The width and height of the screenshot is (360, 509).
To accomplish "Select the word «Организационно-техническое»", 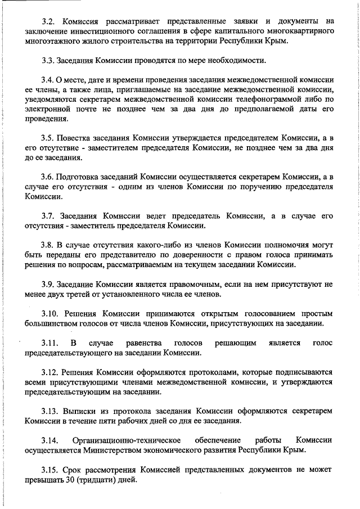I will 126,440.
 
